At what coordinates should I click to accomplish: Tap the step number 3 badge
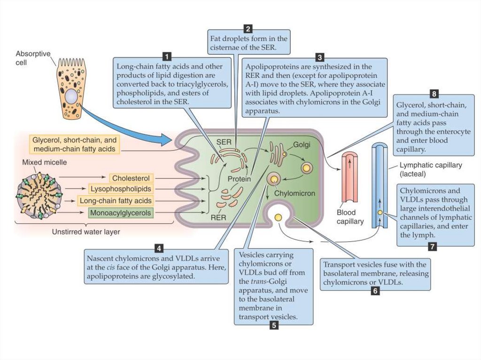(320, 57)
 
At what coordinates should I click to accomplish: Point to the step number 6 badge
(375, 291)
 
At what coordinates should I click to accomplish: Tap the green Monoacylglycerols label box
(121, 213)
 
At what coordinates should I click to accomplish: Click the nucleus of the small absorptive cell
(71, 97)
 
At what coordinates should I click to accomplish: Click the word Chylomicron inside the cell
(294, 193)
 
